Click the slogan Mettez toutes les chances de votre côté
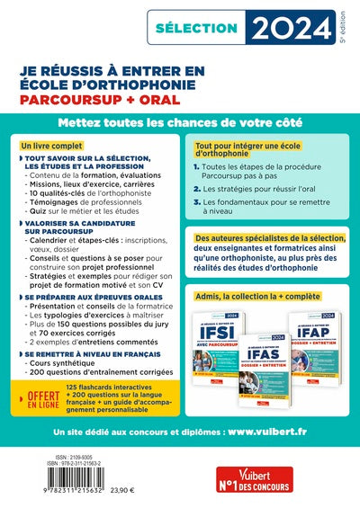pyautogui.click(x=179, y=121)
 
